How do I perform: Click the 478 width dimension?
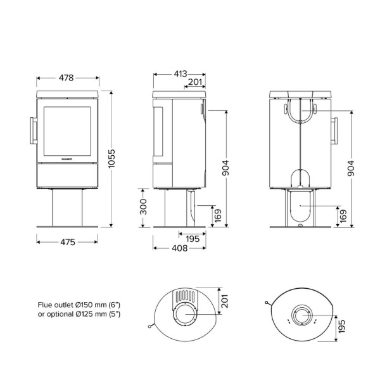click(65, 78)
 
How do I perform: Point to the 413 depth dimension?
click(180, 73)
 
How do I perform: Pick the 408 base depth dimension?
click(179, 249)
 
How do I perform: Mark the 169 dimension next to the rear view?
click(343, 216)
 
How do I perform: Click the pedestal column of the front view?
click(67, 206)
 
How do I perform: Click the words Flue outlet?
click(59, 305)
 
